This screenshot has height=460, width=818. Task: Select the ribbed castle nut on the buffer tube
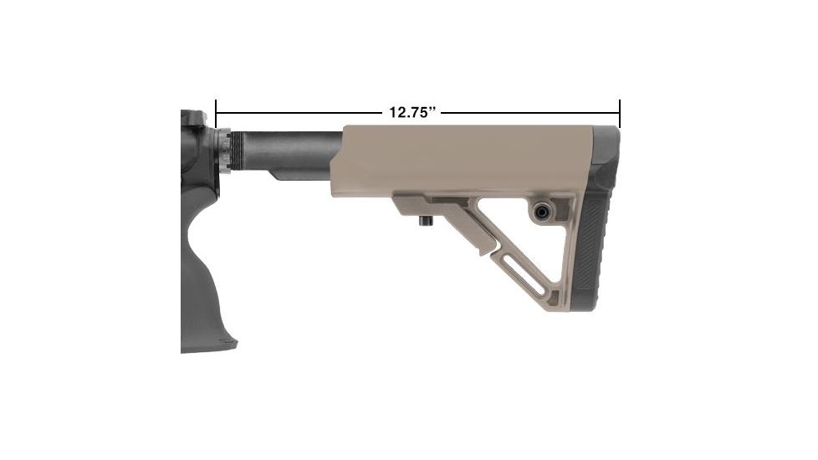(226, 151)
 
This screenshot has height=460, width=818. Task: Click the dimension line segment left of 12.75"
(301, 112)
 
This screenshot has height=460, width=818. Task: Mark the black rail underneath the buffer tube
(301, 174)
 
